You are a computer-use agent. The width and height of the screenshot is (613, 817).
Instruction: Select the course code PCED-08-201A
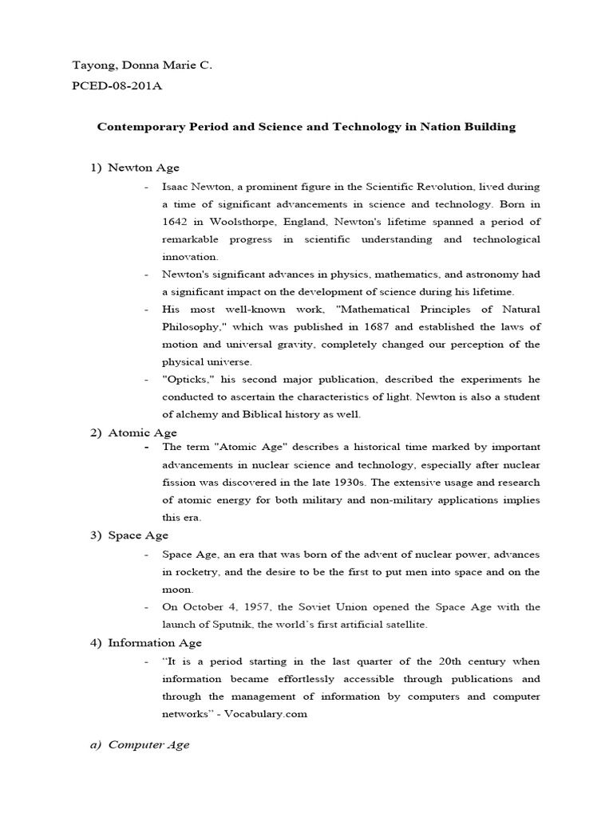pos(117,85)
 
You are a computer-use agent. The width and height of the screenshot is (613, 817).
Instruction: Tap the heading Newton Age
pos(144,168)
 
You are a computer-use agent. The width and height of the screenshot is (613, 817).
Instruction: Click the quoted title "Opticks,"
pos(185,379)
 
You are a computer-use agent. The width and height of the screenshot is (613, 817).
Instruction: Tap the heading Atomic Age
pos(142,433)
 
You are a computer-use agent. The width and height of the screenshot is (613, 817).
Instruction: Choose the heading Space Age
pos(138,535)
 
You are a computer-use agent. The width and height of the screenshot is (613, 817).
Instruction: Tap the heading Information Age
pos(155,643)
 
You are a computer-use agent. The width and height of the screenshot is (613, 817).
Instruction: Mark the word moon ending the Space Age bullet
pos(177,590)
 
